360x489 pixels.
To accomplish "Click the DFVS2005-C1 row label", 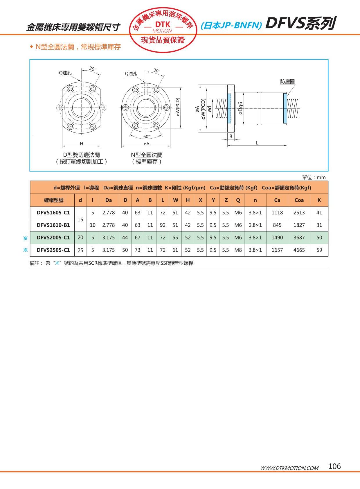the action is [x=53, y=237].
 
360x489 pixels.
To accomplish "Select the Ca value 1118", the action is [x=277, y=213].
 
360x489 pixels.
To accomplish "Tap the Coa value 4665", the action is [x=299, y=250].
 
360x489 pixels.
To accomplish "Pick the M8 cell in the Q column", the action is [x=238, y=250].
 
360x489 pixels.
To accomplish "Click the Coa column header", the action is [x=299, y=200].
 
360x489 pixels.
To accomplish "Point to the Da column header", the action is [x=109, y=200].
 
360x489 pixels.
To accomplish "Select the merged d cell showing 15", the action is [x=80, y=219].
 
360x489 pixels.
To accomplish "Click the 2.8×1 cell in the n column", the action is [x=255, y=225].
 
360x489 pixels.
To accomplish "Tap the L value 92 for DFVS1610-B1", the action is [x=163, y=225].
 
